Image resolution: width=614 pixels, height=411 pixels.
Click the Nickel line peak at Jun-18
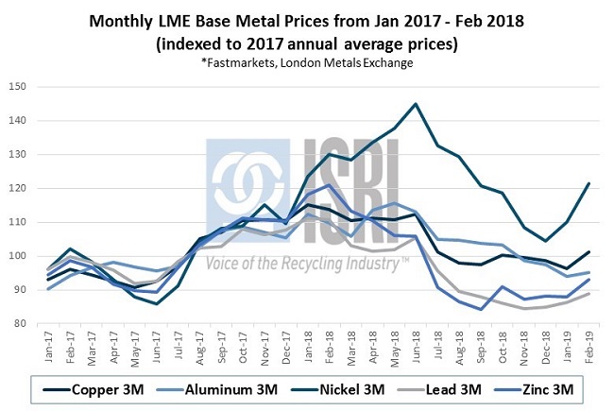(x=416, y=104)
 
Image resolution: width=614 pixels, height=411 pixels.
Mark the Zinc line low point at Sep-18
(x=484, y=309)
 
